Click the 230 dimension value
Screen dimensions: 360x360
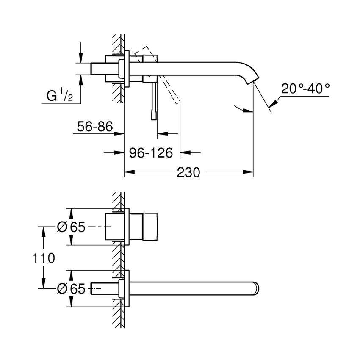coord(188,173)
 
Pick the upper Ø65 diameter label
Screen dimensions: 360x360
coord(71,227)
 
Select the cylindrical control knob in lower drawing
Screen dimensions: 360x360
coord(144,227)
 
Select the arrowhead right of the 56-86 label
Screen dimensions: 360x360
coord(119,134)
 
